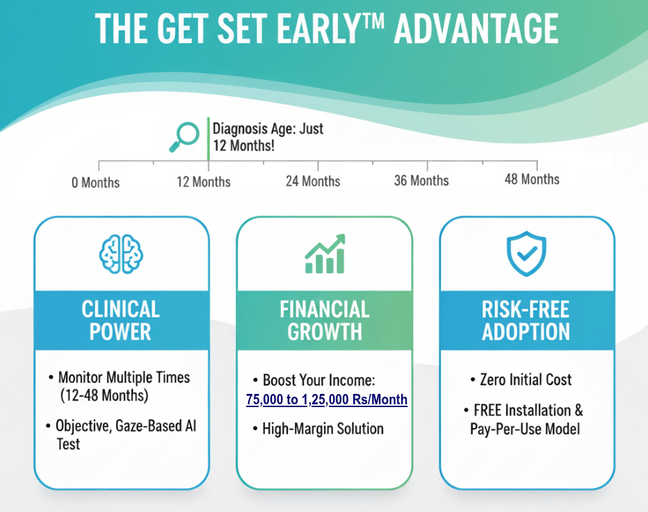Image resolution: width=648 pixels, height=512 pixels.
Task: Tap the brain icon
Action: pyautogui.click(x=121, y=254)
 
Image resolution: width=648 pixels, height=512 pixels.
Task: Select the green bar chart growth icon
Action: pyautogui.click(x=325, y=254)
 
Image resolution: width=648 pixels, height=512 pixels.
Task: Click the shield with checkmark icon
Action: pyautogui.click(x=526, y=254)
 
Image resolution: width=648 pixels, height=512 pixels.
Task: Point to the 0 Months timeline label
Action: pyautogui.click(x=95, y=183)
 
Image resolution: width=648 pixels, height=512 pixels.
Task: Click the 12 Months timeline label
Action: pyautogui.click(x=203, y=182)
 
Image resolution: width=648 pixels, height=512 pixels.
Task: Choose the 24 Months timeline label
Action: pyautogui.click(x=313, y=181)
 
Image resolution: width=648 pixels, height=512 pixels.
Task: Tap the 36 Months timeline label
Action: pyautogui.click(x=421, y=181)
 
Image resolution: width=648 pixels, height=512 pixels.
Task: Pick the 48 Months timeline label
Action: pyautogui.click(x=532, y=179)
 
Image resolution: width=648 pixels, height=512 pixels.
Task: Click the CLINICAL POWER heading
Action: pyautogui.click(x=121, y=320)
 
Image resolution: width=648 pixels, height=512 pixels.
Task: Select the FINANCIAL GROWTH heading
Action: pyautogui.click(x=325, y=320)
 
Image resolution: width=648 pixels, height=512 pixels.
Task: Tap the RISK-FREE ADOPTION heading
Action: pyautogui.click(x=526, y=320)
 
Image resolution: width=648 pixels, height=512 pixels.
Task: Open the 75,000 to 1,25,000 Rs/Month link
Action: pyautogui.click(x=327, y=399)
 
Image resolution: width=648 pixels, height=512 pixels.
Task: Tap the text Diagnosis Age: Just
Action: pyautogui.click(x=268, y=129)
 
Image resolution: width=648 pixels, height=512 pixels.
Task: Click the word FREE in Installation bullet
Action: pyautogui.click(x=487, y=411)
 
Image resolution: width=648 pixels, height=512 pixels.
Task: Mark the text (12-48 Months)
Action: pyautogui.click(x=104, y=395)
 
